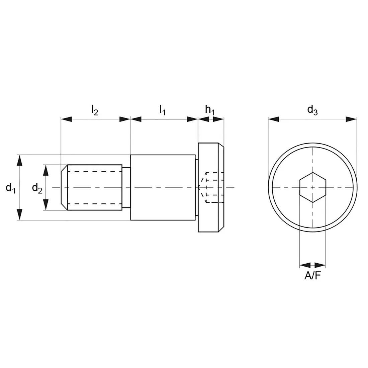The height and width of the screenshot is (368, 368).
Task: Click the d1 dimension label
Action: [10, 188]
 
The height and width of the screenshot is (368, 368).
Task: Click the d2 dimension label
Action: [37, 188]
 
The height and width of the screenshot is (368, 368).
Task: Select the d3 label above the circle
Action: [312, 109]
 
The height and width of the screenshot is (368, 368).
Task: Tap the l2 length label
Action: [95, 110]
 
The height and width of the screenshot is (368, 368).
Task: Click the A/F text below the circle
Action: [312, 276]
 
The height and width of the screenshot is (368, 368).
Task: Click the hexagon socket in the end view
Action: [312, 187]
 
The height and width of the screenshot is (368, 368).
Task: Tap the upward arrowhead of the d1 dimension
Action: [20, 161]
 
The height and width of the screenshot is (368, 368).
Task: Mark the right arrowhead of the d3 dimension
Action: [351, 119]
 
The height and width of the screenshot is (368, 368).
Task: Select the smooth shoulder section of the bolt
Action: [162, 187]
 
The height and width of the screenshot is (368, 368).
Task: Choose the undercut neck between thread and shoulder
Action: [126, 187]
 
